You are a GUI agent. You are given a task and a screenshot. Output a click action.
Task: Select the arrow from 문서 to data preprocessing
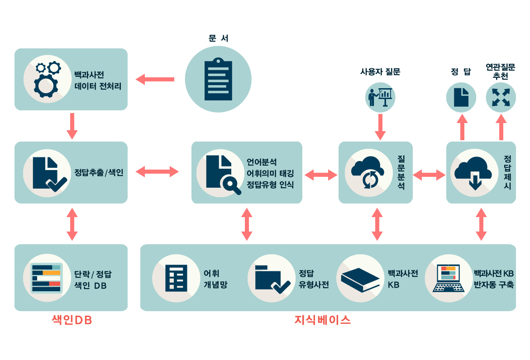click(x=156, y=79)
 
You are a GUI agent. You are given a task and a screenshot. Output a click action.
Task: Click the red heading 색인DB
click(x=72, y=321)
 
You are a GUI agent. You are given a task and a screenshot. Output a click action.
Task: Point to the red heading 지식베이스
click(x=322, y=321)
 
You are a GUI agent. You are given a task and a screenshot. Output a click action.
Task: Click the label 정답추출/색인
click(x=99, y=172)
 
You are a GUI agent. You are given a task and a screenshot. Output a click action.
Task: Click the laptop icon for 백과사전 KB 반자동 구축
click(x=448, y=278)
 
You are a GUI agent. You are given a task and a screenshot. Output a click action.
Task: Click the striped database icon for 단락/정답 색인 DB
click(x=46, y=278)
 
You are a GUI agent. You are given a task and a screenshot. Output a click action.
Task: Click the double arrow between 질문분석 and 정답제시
click(x=429, y=175)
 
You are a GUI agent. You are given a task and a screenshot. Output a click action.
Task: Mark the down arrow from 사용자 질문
click(x=380, y=127)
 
